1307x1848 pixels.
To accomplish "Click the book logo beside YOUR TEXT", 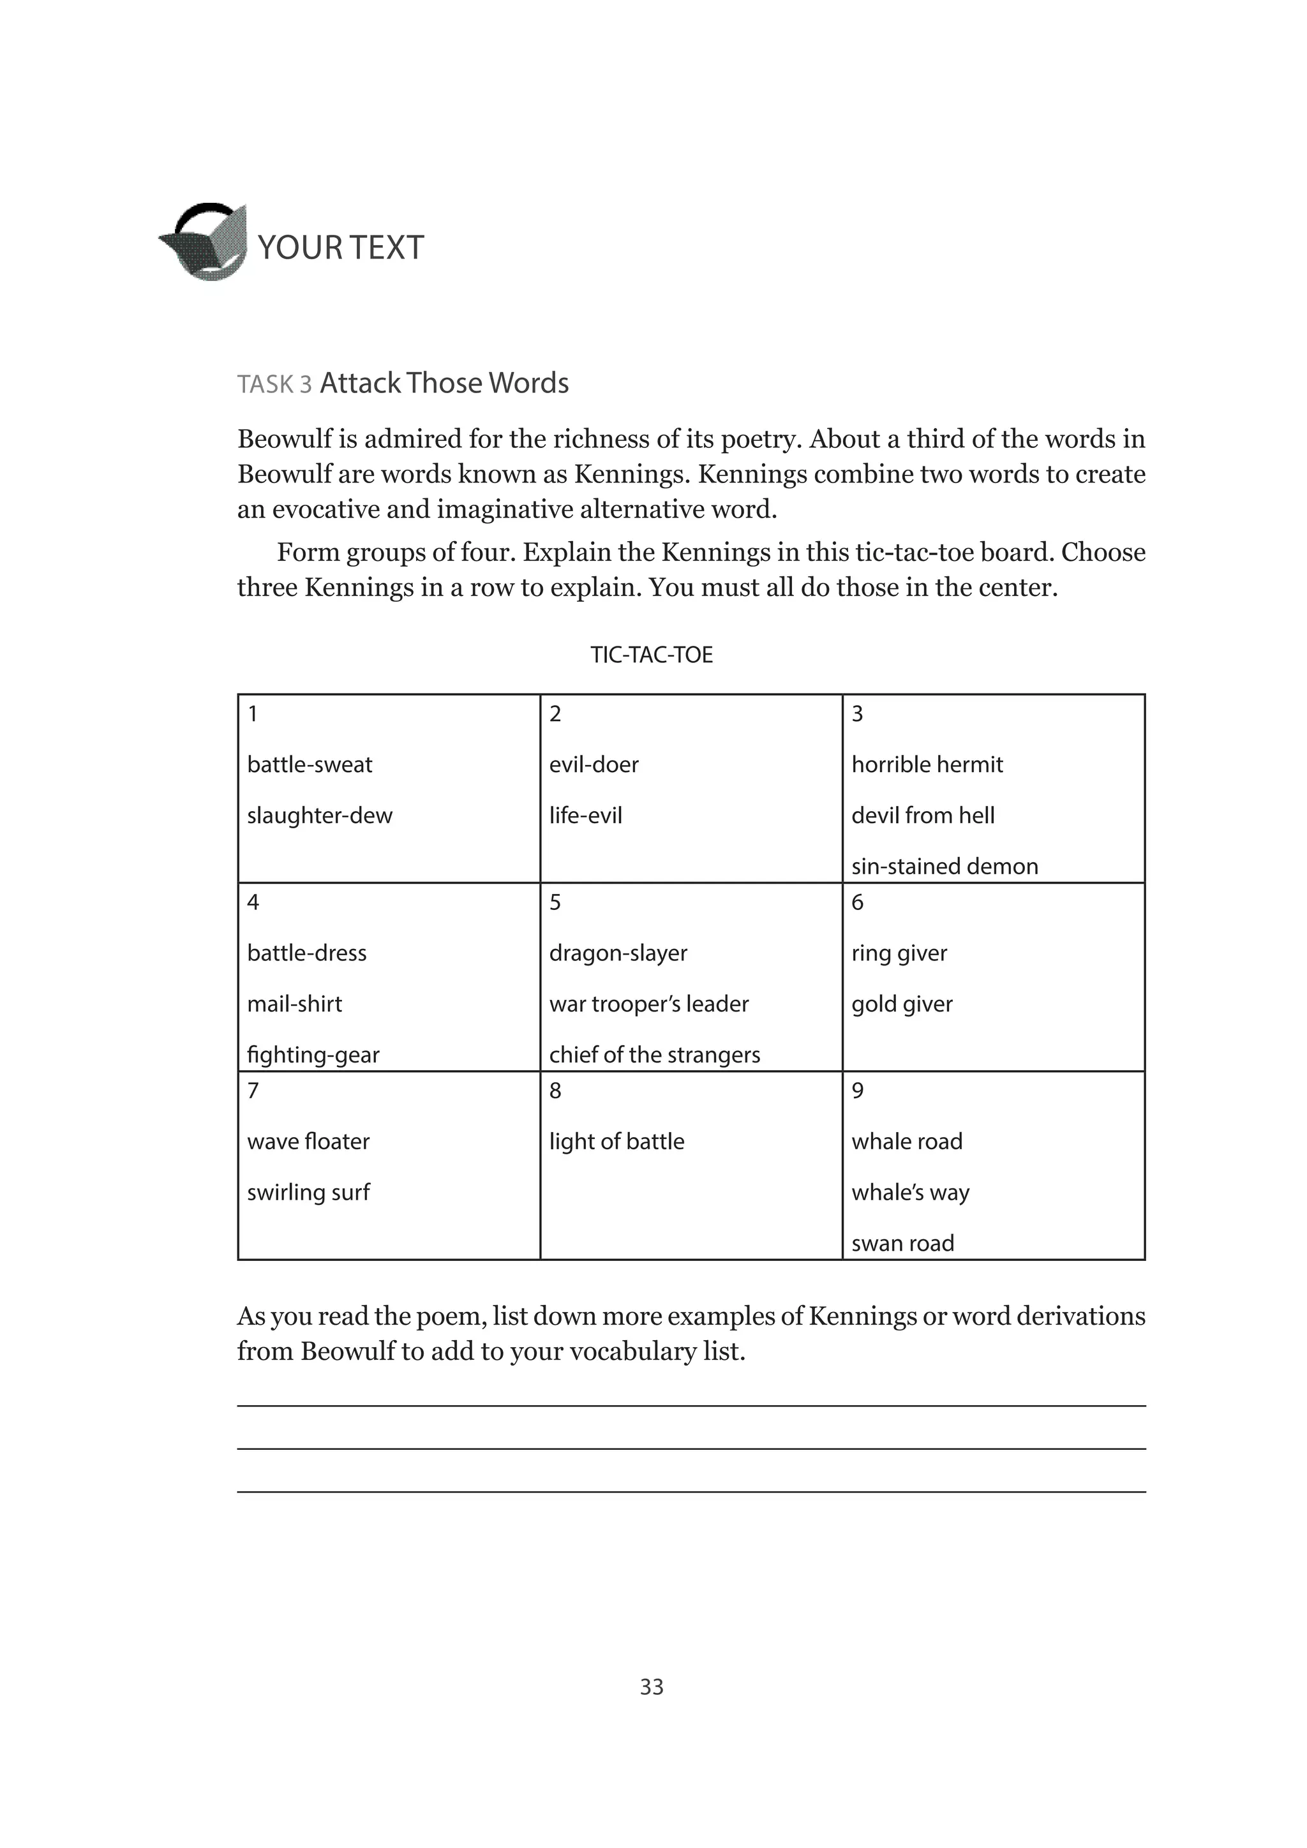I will point(204,241).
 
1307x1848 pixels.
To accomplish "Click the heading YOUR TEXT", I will point(340,248).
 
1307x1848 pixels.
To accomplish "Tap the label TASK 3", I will point(274,385).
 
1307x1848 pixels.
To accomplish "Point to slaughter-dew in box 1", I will point(320,816).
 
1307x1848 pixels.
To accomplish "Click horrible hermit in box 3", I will point(927,764).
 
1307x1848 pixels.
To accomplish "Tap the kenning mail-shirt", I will point(295,1004).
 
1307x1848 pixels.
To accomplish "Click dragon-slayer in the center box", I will point(618,953).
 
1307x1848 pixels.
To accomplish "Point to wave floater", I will point(308,1142).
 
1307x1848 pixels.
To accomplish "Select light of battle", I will point(616,1142).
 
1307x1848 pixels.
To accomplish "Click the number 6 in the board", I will point(857,902).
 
